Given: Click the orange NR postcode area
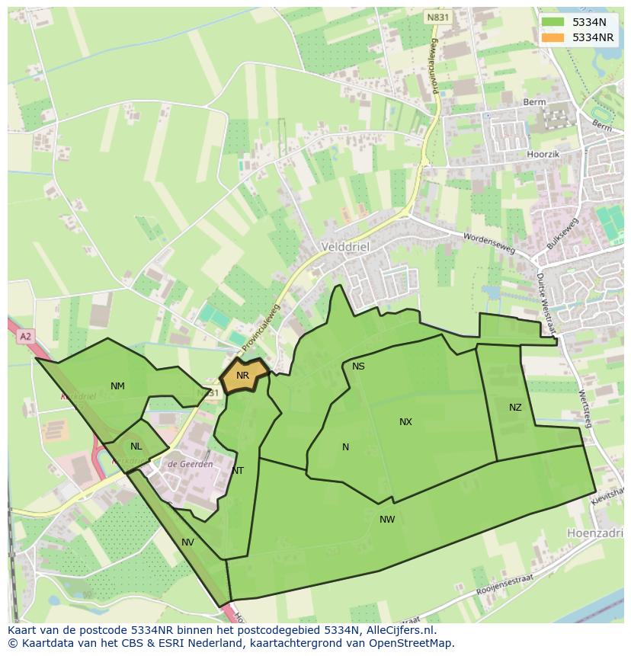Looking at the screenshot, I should pyautogui.click(x=243, y=376).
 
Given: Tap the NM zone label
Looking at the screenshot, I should pyautogui.click(x=117, y=386).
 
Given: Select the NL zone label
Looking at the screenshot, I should pyautogui.click(x=136, y=446).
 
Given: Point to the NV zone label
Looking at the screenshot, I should pyautogui.click(x=187, y=542).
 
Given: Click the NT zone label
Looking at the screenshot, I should pyautogui.click(x=238, y=471).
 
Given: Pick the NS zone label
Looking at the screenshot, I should pyautogui.click(x=358, y=366).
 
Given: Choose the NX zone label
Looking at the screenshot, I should pyautogui.click(x=405, y=422).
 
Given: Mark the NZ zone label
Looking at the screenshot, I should pyautogui.click(x=515, y=408).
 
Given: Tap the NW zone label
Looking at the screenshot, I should pyautogui.click(x=387, y=520).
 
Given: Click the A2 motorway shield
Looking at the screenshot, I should pyautogui.click(x=26, y=336).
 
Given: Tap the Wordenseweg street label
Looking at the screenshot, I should pyautogui.click(x=488, y=242).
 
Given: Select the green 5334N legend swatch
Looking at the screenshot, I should pyautogui.click(x=553, y=22).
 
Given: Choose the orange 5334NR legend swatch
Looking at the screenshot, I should pyautogui.click(x=553, y=37).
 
